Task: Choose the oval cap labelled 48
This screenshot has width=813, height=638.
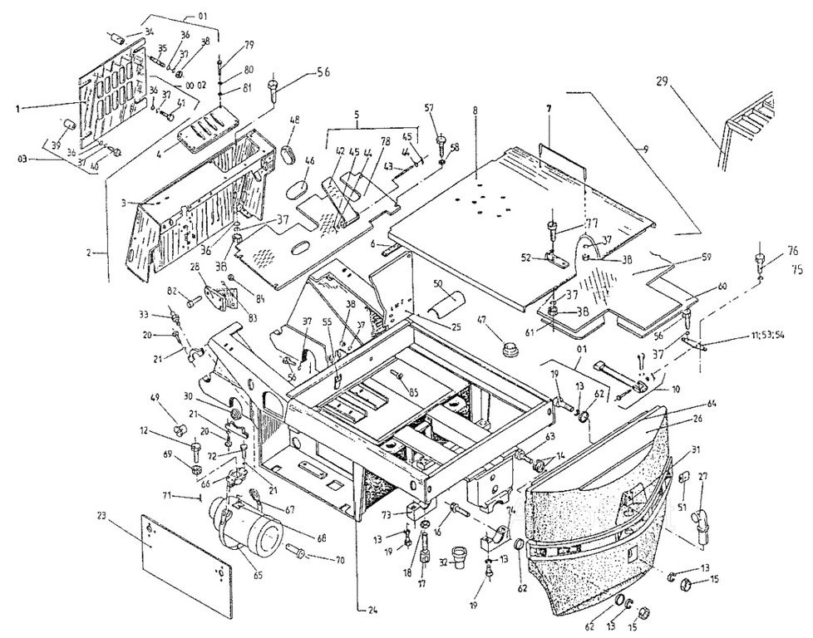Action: coord(292,157)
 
